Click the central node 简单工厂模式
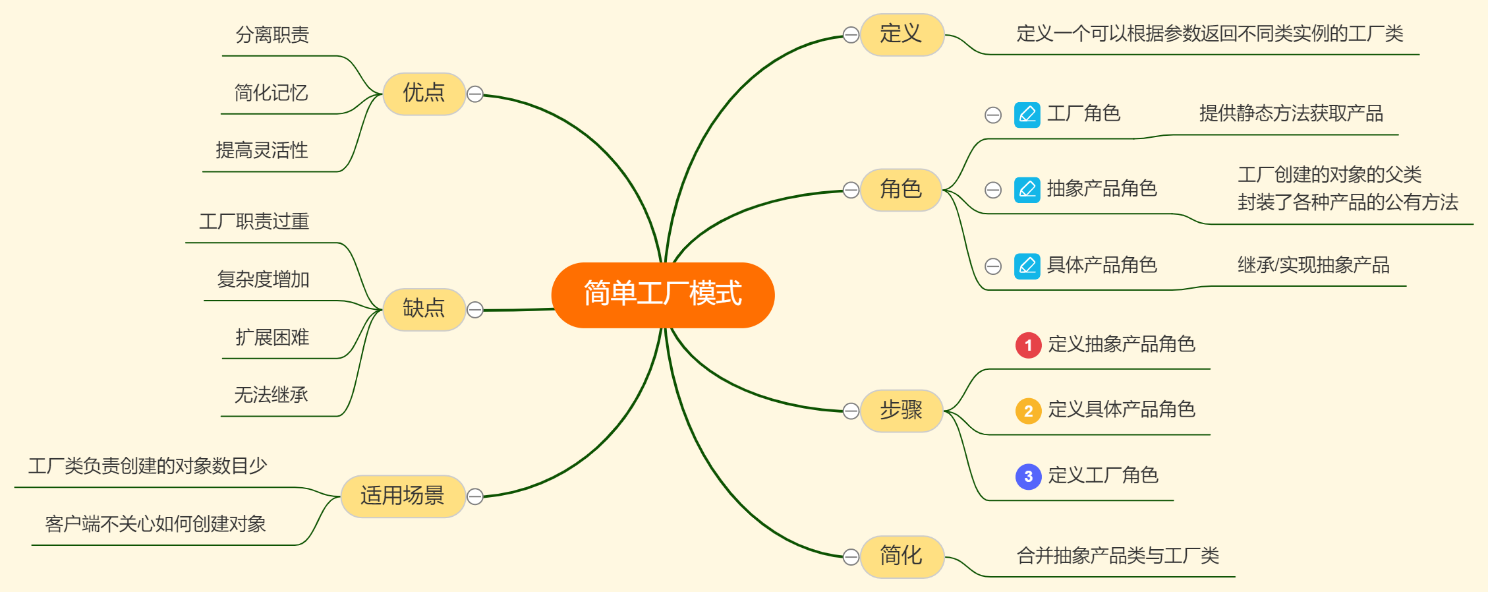662,294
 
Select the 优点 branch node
424,94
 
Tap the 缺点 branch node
424,309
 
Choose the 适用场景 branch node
402,496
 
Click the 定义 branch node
901,34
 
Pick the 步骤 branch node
901,411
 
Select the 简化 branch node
901,556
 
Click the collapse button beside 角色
851,190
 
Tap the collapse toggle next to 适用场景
475,496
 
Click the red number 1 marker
1028,345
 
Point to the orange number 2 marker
1028,411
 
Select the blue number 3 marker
1028,476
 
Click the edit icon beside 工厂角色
1027,115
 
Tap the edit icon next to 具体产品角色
1027,266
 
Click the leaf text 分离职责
272,35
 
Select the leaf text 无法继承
271,395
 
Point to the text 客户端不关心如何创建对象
155,524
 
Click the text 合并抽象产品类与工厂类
1118,556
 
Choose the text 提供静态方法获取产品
1290,114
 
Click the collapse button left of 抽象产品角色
992,191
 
